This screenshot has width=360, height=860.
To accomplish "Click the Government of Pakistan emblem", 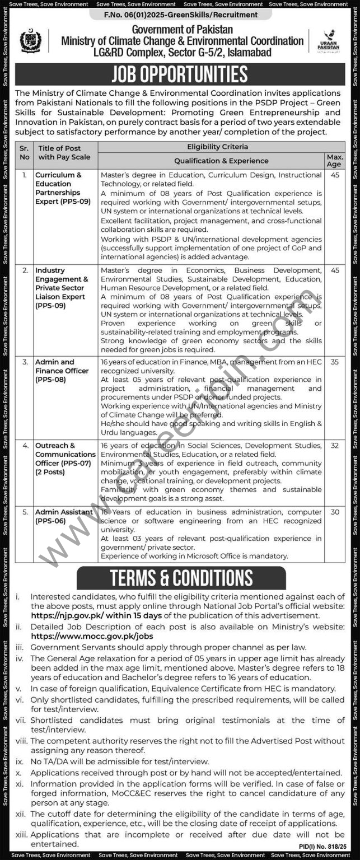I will tap(30, 41).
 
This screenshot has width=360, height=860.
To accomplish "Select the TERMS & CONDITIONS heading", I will tap(181, 578).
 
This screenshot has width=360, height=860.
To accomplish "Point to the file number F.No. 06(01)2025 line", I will tap(180, 15).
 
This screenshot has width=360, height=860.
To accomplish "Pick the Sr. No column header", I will tap(24, 153).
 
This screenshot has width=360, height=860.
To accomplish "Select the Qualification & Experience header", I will tap(213, 161).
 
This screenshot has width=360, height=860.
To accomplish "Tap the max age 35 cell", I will tap(335, 362).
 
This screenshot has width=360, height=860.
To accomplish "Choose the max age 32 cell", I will tap(335, 446).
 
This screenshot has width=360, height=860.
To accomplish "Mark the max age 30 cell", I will tap(335, 512).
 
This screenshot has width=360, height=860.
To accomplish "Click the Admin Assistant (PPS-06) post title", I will tap(64, 517).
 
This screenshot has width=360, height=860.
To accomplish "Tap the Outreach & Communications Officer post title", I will tap(65, 459).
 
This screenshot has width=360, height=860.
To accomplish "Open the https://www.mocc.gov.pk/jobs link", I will tap(91, 637).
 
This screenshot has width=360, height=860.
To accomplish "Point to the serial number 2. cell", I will tap(24, 270).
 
